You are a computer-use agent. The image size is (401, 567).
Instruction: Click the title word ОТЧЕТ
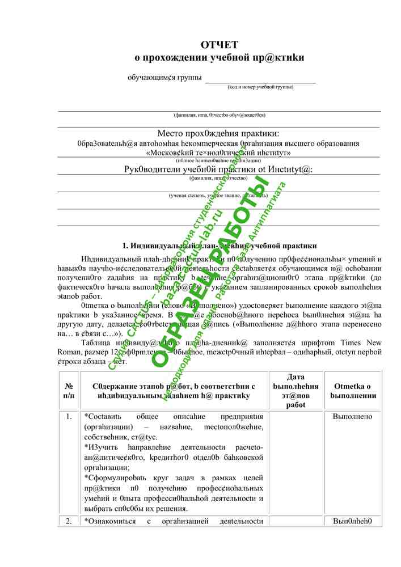click(219, 45)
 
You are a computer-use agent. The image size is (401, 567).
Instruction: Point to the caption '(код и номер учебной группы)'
click(260, 87)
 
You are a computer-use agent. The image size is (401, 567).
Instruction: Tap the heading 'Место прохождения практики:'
click(218, 133)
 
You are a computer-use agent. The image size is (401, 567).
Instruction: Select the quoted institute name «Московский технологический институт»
click(218, 153)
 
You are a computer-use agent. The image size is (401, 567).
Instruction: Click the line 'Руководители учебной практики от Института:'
click(218, 169)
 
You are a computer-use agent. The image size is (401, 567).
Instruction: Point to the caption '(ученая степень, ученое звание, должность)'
click(218, 196)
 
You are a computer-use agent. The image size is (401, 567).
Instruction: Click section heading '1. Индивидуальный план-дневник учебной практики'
click(220, 246)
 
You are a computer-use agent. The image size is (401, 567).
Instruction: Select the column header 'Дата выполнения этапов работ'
click(295, 391)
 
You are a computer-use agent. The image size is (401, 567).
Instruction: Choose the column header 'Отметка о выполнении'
click(353, 390)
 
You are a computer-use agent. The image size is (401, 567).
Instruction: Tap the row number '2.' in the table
click(69, 521)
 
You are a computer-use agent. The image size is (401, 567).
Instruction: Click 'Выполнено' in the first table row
click(353, 417)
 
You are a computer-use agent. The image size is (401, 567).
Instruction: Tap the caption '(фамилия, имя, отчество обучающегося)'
click(218, 115)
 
